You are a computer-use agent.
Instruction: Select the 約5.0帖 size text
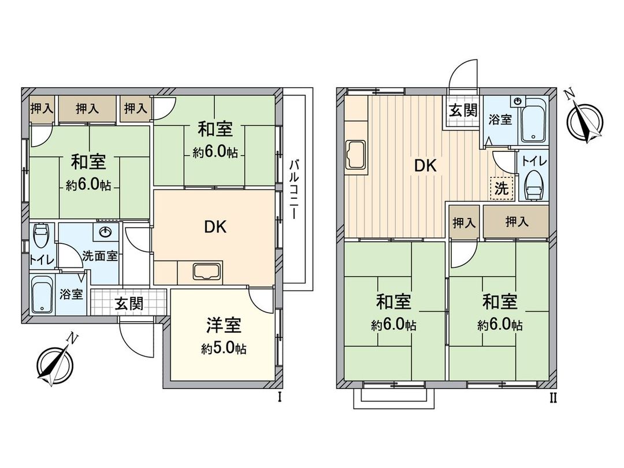pyautogui.click(x=224, y=348)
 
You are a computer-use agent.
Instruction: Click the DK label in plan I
pyautogui.click(x=215, y=226)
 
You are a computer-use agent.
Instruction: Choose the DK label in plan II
pyautogui.click(x=426, y=166)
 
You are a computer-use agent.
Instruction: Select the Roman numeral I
pyautogui.click(x=280, y=397)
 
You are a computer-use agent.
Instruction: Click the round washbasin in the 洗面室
pyautogui.click(x=106, y=233)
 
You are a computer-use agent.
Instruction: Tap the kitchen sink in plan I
pyautogui.click(x=206, y=272)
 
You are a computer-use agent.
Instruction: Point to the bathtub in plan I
pyautogui.click(x=42, y=295)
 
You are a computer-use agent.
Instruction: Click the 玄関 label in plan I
pyautogui.click(x=128, y=303)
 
